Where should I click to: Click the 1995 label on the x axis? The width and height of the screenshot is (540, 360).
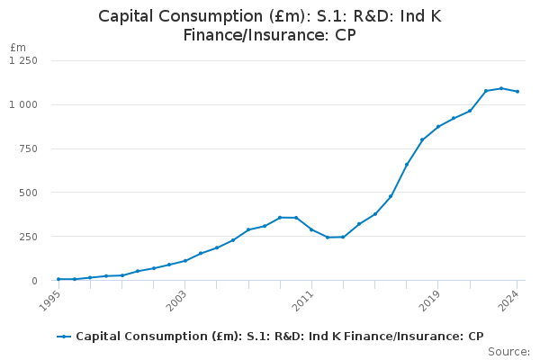click(50, 301)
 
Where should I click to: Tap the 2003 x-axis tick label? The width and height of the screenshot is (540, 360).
click(176, 301)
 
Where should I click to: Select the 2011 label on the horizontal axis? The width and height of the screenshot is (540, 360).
click(303, 301)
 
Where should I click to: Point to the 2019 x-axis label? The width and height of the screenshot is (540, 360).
click(430, 301)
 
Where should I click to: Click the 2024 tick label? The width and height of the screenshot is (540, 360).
click(509, 301)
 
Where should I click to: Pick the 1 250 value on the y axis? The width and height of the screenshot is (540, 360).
click(23, 60)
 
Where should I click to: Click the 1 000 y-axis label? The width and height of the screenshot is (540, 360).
click(23, 104)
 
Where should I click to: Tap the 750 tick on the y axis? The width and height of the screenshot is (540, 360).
click(29, 148)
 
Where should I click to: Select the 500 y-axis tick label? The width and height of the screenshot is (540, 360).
click(29, 193)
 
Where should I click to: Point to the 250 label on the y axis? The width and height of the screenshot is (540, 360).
click(29, 237)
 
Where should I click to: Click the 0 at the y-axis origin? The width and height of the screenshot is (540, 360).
click(34, 281)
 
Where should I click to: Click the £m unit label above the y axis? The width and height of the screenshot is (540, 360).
click(18, 47)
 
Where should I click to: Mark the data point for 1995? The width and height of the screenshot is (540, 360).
click(58, 279)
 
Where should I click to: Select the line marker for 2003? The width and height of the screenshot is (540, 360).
click(185, 261)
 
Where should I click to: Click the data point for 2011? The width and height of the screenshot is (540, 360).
click(311, 229)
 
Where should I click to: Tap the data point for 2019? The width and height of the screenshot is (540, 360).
click(438, 127)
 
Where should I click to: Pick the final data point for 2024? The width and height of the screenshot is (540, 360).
click(517, 92)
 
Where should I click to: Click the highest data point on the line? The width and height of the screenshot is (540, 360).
click(501, 88)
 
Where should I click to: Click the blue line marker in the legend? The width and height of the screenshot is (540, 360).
click(64, 337)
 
